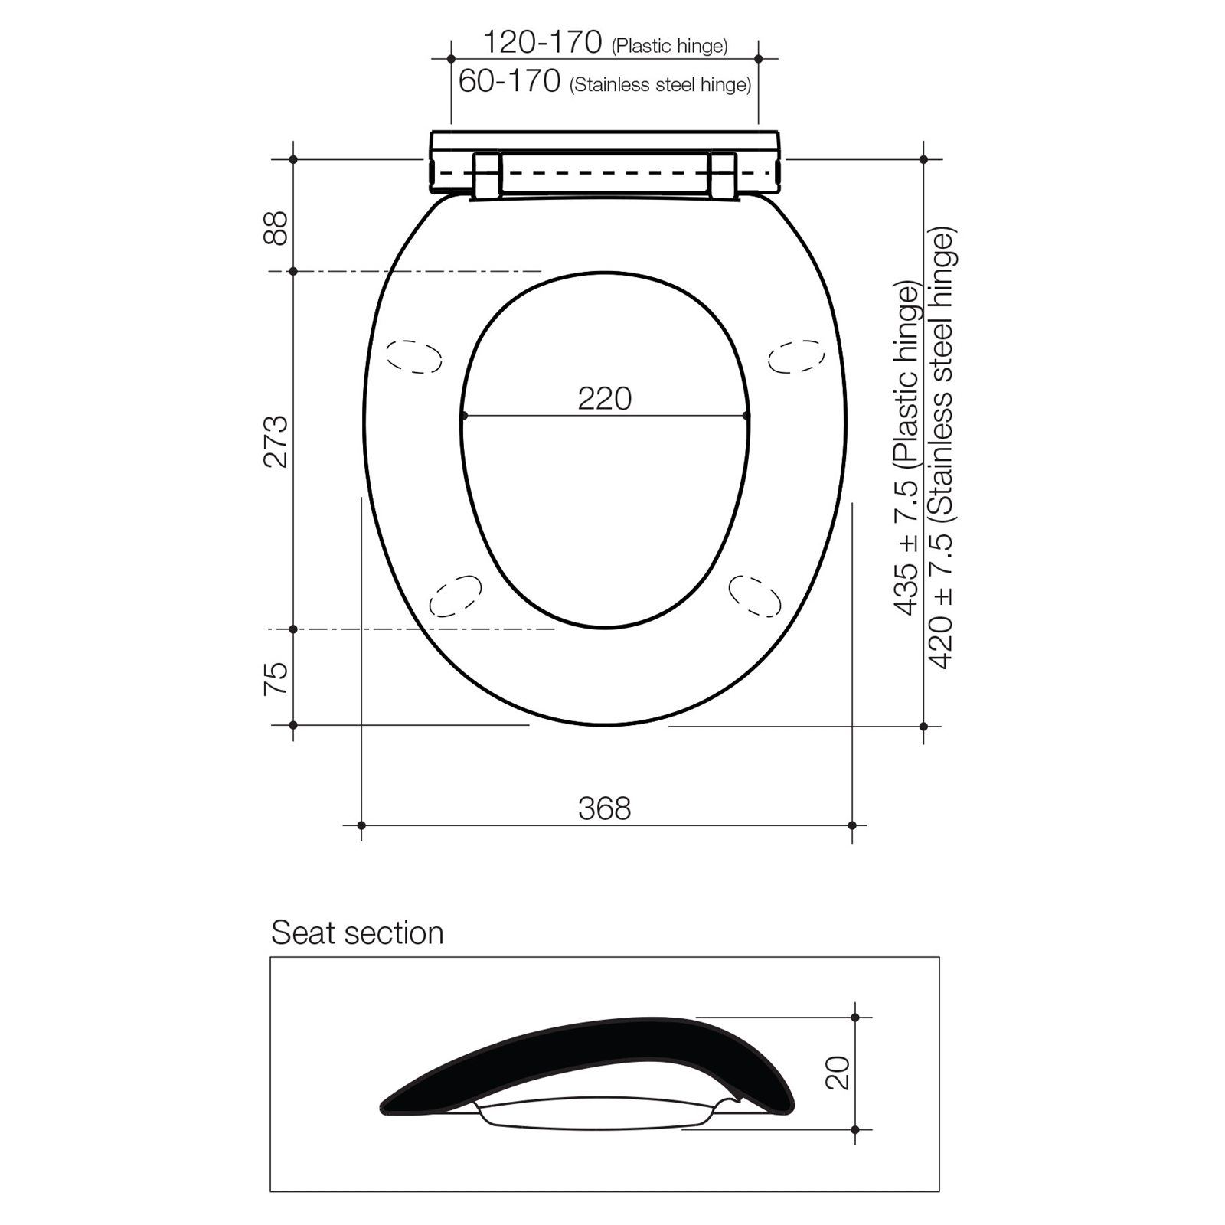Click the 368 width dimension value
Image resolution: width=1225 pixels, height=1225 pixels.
pos(604,808)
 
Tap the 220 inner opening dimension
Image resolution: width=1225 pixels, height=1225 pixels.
pos(604,399)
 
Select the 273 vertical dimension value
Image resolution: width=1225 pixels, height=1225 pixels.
pos(276,442)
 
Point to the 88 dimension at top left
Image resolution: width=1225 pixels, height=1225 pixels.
pos(276,227)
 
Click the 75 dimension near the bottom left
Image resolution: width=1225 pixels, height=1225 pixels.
pos(276,678)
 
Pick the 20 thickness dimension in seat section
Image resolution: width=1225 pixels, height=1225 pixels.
pos(838,1073)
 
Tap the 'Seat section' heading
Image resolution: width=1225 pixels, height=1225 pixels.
pos(357,933)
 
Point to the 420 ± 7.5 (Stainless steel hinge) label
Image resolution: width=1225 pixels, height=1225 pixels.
pos(941,448)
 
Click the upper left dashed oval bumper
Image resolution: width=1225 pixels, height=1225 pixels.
pos(414,356)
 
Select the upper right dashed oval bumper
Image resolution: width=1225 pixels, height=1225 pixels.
pos(796,357)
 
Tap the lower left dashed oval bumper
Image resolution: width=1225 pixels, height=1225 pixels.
pos(456,596)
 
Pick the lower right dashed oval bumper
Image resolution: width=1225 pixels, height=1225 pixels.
pos(755,596)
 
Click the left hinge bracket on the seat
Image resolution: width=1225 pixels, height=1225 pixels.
pos(484,176)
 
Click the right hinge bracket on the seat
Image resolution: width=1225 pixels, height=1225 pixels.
pos(723,176)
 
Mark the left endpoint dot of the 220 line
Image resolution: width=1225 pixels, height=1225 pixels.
pos(463,416)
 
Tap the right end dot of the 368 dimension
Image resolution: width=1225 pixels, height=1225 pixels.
pos(852,825)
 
